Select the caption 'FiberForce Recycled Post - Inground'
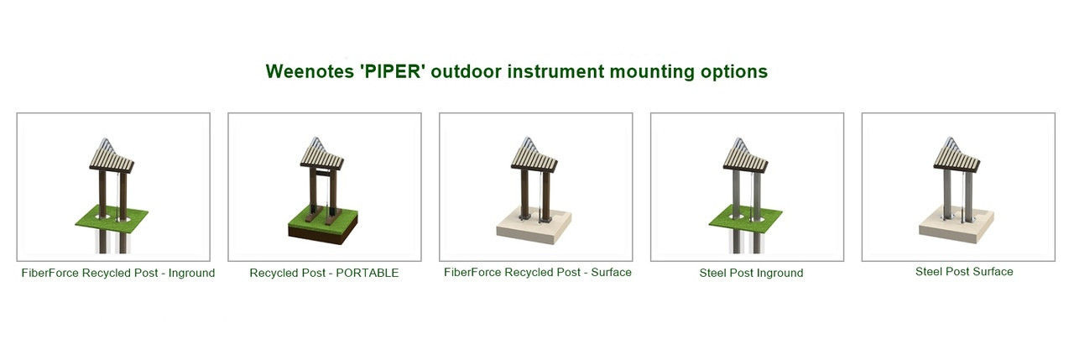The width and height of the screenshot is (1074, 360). coord(118,273)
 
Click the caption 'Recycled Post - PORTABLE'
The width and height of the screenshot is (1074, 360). coord(324,273)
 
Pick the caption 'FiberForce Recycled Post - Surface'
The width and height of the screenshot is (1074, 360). coord(538,272)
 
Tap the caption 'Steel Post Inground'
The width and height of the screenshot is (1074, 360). coord(751,273)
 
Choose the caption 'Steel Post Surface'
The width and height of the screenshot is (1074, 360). coord(964,272)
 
